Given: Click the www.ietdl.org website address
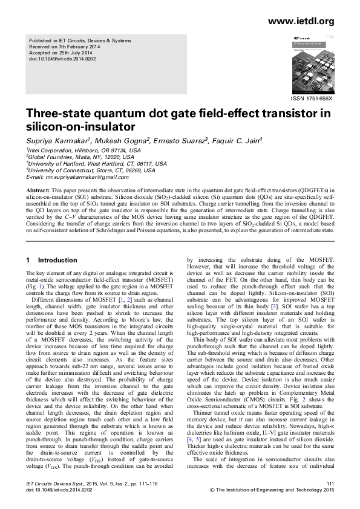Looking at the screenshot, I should pos(300,22).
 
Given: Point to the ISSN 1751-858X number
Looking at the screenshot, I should pos(312,98).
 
